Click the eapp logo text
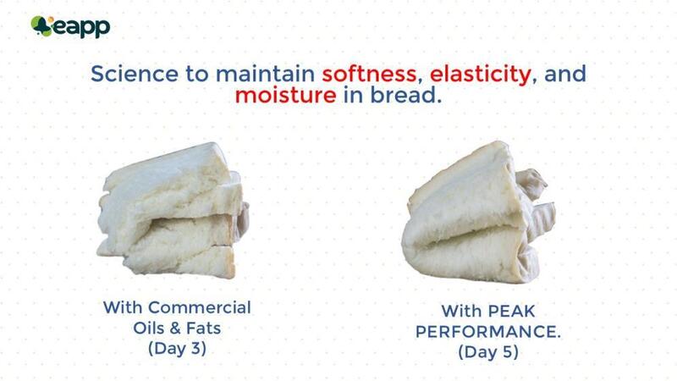(x=82, y=27)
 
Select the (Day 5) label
(x=489, y=351)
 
